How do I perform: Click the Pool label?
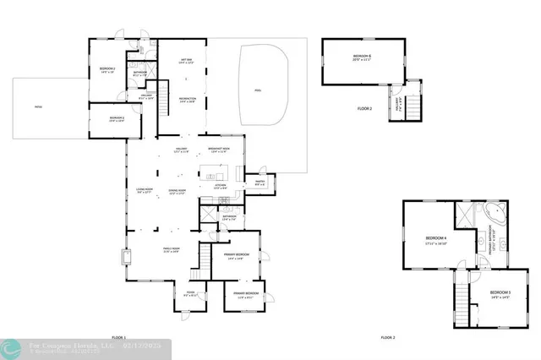258,90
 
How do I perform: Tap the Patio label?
38,107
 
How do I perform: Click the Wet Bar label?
187,60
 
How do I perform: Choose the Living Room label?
145,190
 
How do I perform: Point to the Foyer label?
191,293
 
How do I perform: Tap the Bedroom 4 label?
435,240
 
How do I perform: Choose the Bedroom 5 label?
500,296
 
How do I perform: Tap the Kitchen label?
219,186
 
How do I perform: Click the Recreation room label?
187,101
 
